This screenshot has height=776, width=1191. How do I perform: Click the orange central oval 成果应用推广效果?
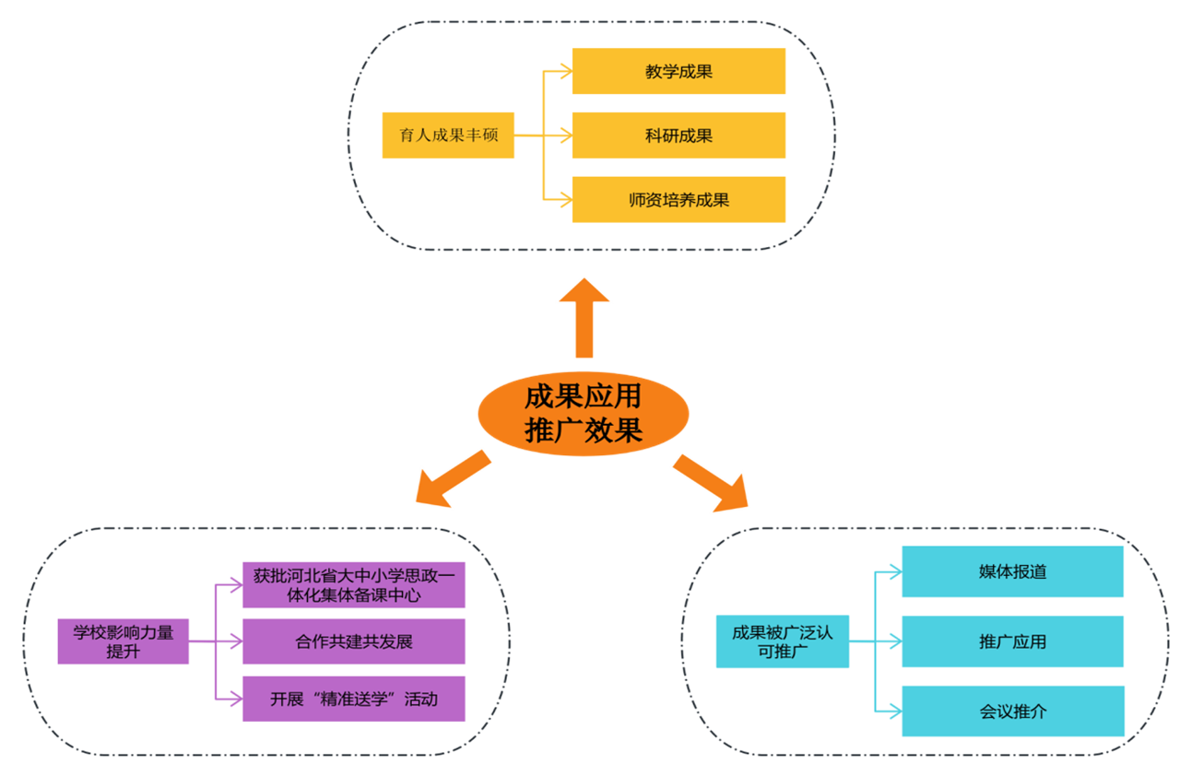pos(583,414)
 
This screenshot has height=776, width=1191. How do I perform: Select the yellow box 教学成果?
pos(678,71)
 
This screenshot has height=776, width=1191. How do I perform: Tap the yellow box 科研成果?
pos(678,135)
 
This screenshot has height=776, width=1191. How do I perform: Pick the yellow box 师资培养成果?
pos(678,199)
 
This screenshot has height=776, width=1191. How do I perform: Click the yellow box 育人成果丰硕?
pos(448,135)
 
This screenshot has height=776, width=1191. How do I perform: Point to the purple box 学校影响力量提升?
pos(123,641)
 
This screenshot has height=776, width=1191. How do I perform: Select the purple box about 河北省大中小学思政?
pos(353,585)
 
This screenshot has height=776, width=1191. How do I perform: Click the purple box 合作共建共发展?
pos(353,641)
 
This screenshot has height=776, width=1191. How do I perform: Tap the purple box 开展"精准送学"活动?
pos(353,699)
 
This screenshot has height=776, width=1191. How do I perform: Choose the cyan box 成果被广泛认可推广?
pos(782,641)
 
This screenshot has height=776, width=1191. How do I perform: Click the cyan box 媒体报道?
pos(1012,571)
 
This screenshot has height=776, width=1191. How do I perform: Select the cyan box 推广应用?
pos(1012,641)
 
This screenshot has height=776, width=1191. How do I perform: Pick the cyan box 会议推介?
pos(1012,711)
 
